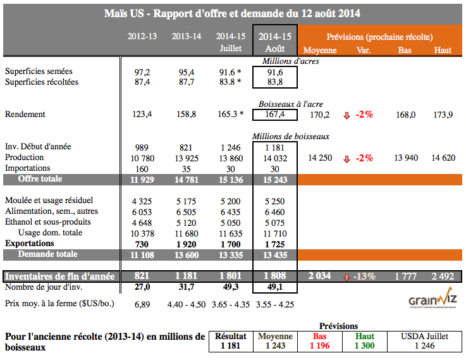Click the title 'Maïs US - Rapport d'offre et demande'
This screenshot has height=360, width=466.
(x=232, y=13)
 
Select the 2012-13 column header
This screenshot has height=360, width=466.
(x=142, y=36)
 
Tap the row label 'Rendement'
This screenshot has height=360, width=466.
(x=25, y=115)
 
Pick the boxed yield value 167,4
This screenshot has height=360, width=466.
(x=274, y=115)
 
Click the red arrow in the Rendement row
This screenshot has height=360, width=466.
(x=346, y=115)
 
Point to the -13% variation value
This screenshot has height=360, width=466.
(x=364, y=276)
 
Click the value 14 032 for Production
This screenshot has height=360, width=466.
(x=274, y=158)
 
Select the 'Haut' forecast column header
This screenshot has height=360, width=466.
(x=443, y=51)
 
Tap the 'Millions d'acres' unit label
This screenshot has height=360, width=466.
(x=291, y=61)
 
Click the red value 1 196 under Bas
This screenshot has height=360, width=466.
(x=320, y=346)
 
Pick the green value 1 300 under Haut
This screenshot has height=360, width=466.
(x=365, y=346)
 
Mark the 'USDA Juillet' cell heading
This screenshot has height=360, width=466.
(x=424, y=336)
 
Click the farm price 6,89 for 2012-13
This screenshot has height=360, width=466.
(x=143, y=304)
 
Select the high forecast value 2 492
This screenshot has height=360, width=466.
(x=443, y=276)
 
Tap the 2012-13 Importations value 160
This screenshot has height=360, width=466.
(x=143, y=168)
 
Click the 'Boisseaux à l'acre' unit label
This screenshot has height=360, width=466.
(x=291, y=104)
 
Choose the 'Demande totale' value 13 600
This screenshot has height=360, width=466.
(x=187, y=254)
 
